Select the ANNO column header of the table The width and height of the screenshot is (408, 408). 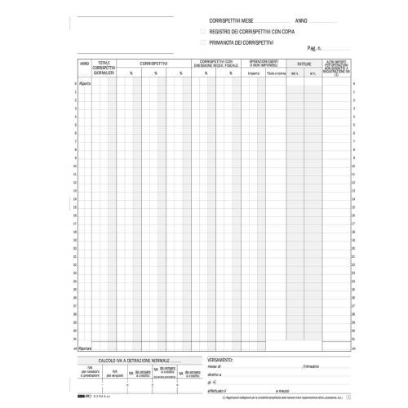pos(84,63)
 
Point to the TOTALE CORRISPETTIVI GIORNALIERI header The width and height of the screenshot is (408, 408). pos(104,67)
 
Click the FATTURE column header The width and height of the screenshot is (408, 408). pos(304,63)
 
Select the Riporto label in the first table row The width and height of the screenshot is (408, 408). pos(85,83)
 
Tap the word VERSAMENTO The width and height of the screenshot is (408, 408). pos(224,358)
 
